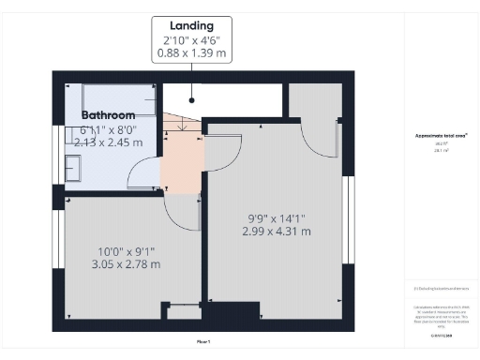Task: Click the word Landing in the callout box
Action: point(191,25)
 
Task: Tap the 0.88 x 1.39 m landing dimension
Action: point(191,54)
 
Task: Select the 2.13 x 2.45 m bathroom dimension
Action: point(109,142)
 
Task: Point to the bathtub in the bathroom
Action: point(118,97)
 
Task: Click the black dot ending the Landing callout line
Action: point(191,98)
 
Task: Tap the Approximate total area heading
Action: point(441,135)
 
